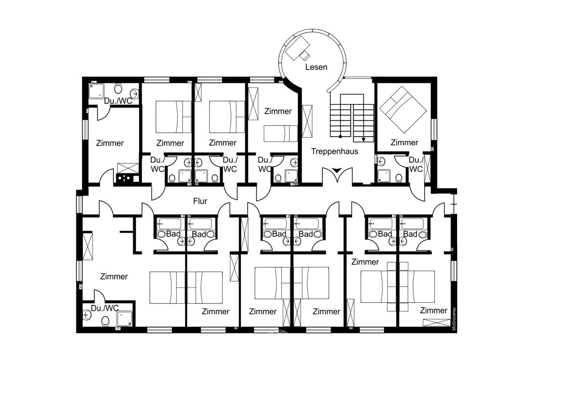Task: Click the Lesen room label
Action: pos(316,67)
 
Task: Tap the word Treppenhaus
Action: pos(335,151)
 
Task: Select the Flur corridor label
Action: pos(200,201)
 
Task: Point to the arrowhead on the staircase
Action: pos(363,139)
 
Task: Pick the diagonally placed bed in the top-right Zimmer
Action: pos(402,110)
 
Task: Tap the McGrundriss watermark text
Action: pos(454,319)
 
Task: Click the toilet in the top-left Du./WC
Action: pos(118,88)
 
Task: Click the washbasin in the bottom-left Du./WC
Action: pos(87,315)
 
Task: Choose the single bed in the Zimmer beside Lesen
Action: pos(280,133)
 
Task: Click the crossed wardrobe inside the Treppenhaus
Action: pos(308,121)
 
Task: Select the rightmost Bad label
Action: pos(410,234)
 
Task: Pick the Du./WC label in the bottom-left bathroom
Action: pos(105,308)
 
